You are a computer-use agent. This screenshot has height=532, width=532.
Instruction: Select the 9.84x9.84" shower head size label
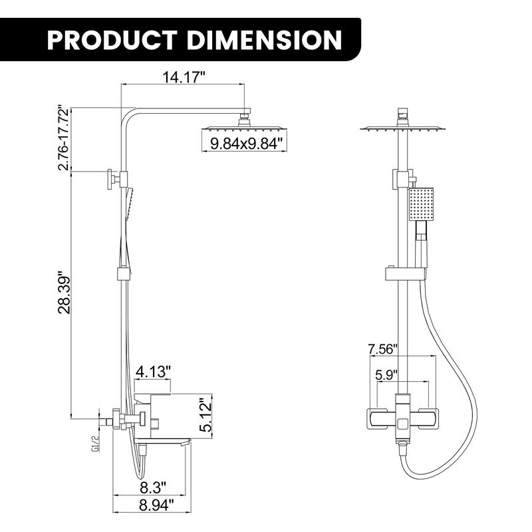[x=247, y=142]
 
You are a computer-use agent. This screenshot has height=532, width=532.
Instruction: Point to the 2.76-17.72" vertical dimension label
[x=64, y=138]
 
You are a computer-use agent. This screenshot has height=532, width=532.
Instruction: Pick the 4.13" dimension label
[x=153, y=370]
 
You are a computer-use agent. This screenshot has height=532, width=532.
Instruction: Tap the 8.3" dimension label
[x=153, y=486]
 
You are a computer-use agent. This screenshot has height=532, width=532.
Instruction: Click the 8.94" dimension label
[x=153, y=505]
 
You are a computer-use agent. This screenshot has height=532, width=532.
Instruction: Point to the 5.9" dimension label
[x=386, y=374]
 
